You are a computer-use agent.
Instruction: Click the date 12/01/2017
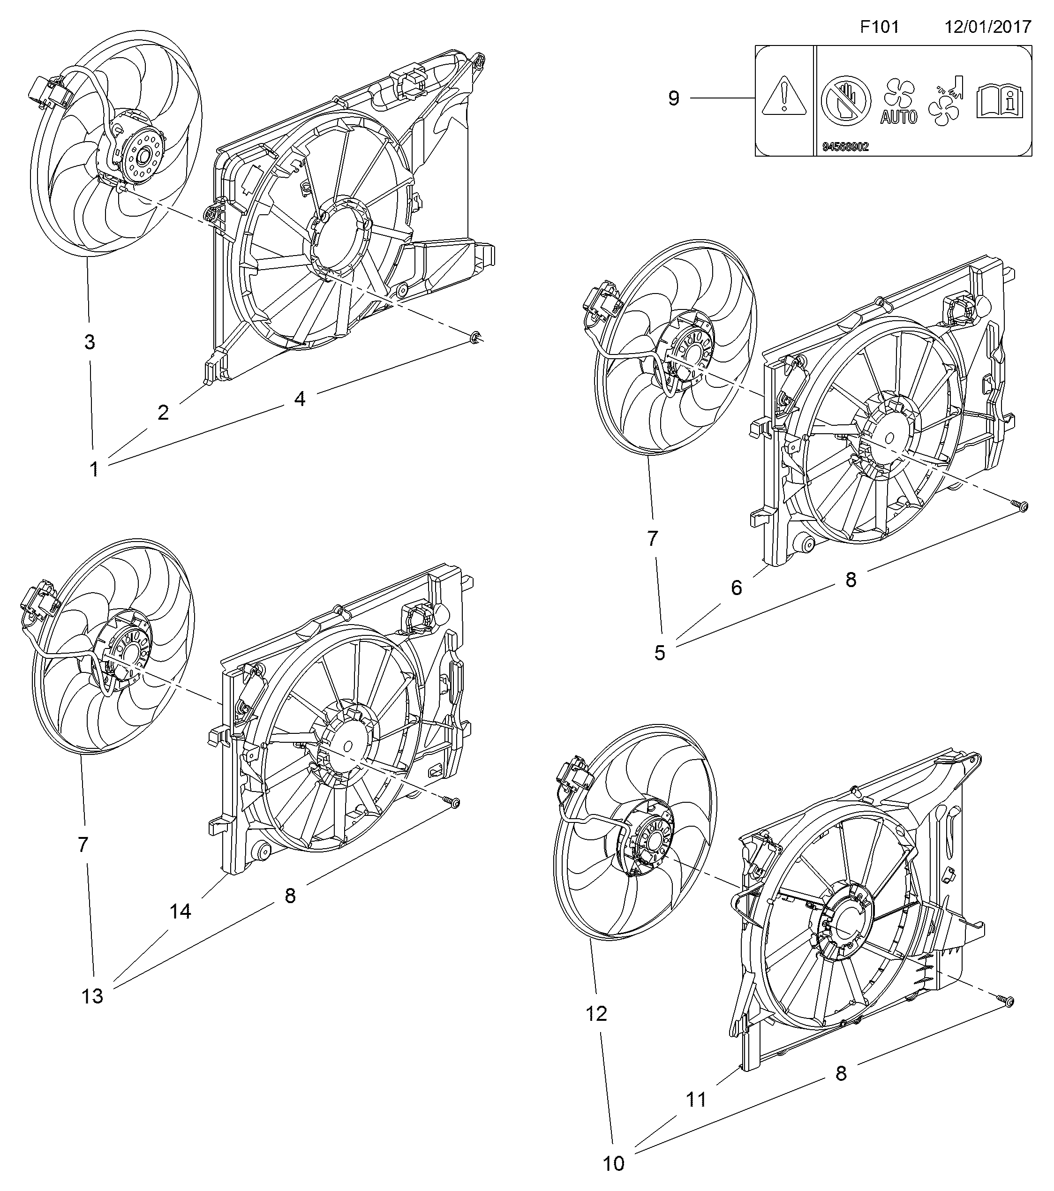(987, 27)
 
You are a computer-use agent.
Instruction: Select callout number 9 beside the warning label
(674, 98)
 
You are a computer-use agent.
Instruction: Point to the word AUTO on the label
(898, 117)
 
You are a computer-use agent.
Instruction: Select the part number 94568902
(845, 147)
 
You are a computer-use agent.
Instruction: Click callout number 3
(89, 342)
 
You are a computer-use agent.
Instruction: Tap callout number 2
(163, 413)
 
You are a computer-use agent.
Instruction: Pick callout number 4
(300, 399)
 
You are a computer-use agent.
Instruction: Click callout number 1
(94, 468)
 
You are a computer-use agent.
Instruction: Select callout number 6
(737, 588)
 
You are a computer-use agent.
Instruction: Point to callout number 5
(660, 653)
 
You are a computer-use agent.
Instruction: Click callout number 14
(180, 912)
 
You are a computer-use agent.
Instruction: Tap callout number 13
(92, 996)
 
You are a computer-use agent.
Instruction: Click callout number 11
(696, 1100)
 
